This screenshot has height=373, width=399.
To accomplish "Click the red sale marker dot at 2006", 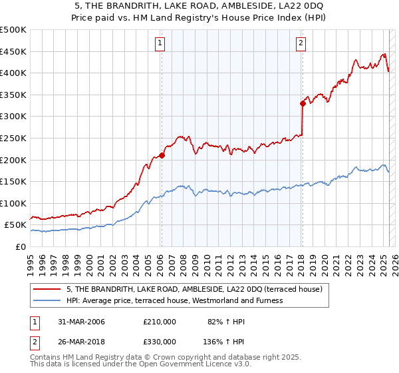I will click(162, 155).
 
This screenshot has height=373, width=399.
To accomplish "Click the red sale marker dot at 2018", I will click(302, 103).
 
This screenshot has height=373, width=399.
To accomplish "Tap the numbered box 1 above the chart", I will click(161, 44).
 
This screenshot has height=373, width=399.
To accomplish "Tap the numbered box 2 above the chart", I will click(301, 44).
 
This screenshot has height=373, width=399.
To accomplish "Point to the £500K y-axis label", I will click(13, 30).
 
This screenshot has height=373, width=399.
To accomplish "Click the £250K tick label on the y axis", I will click(13, 138).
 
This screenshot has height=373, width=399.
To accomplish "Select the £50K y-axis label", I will click(16, 225).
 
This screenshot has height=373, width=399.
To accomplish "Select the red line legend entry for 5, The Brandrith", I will click(194, 289).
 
